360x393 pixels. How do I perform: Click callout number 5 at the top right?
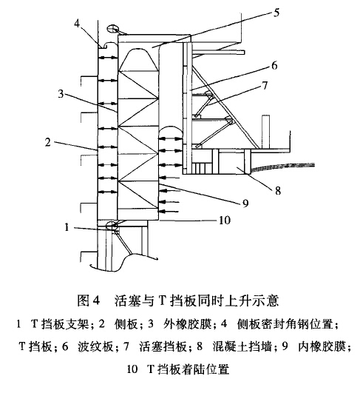[x=276, y=13]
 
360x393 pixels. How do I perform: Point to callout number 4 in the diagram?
[x=77, y=24]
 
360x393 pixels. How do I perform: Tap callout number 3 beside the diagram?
[x=61, y=94]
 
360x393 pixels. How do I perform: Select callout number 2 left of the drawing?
[x=48, y=142]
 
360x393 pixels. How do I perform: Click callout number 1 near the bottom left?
[x=67, y=227]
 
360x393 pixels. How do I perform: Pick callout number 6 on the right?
[x=275, y=65]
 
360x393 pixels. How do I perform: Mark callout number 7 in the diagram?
[x=265, y=85]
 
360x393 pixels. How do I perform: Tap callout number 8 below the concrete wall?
[x=278, y=191]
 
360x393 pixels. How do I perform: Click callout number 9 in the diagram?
[x=245, y=203]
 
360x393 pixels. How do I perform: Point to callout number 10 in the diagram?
[x=225, y=221]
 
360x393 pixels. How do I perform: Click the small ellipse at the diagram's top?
[x=112, y=29]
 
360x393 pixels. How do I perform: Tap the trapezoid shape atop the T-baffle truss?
[x=139, y=59]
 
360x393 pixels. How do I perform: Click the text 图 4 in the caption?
[x=89, y=300]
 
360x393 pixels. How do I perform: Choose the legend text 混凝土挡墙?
[x=242, y=347]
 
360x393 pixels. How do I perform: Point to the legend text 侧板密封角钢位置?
[x=285, y=324]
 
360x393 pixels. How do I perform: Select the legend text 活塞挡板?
[x=163, y=347]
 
